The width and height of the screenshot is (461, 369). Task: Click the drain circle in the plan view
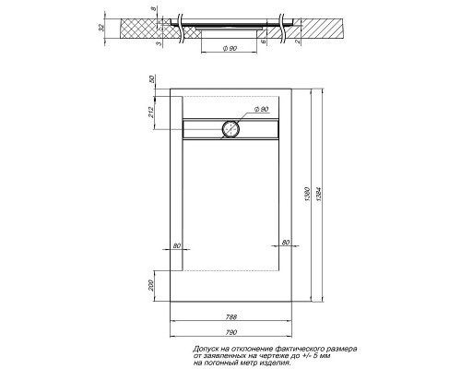(230, 130)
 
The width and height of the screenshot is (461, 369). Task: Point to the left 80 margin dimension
(178, 244)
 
